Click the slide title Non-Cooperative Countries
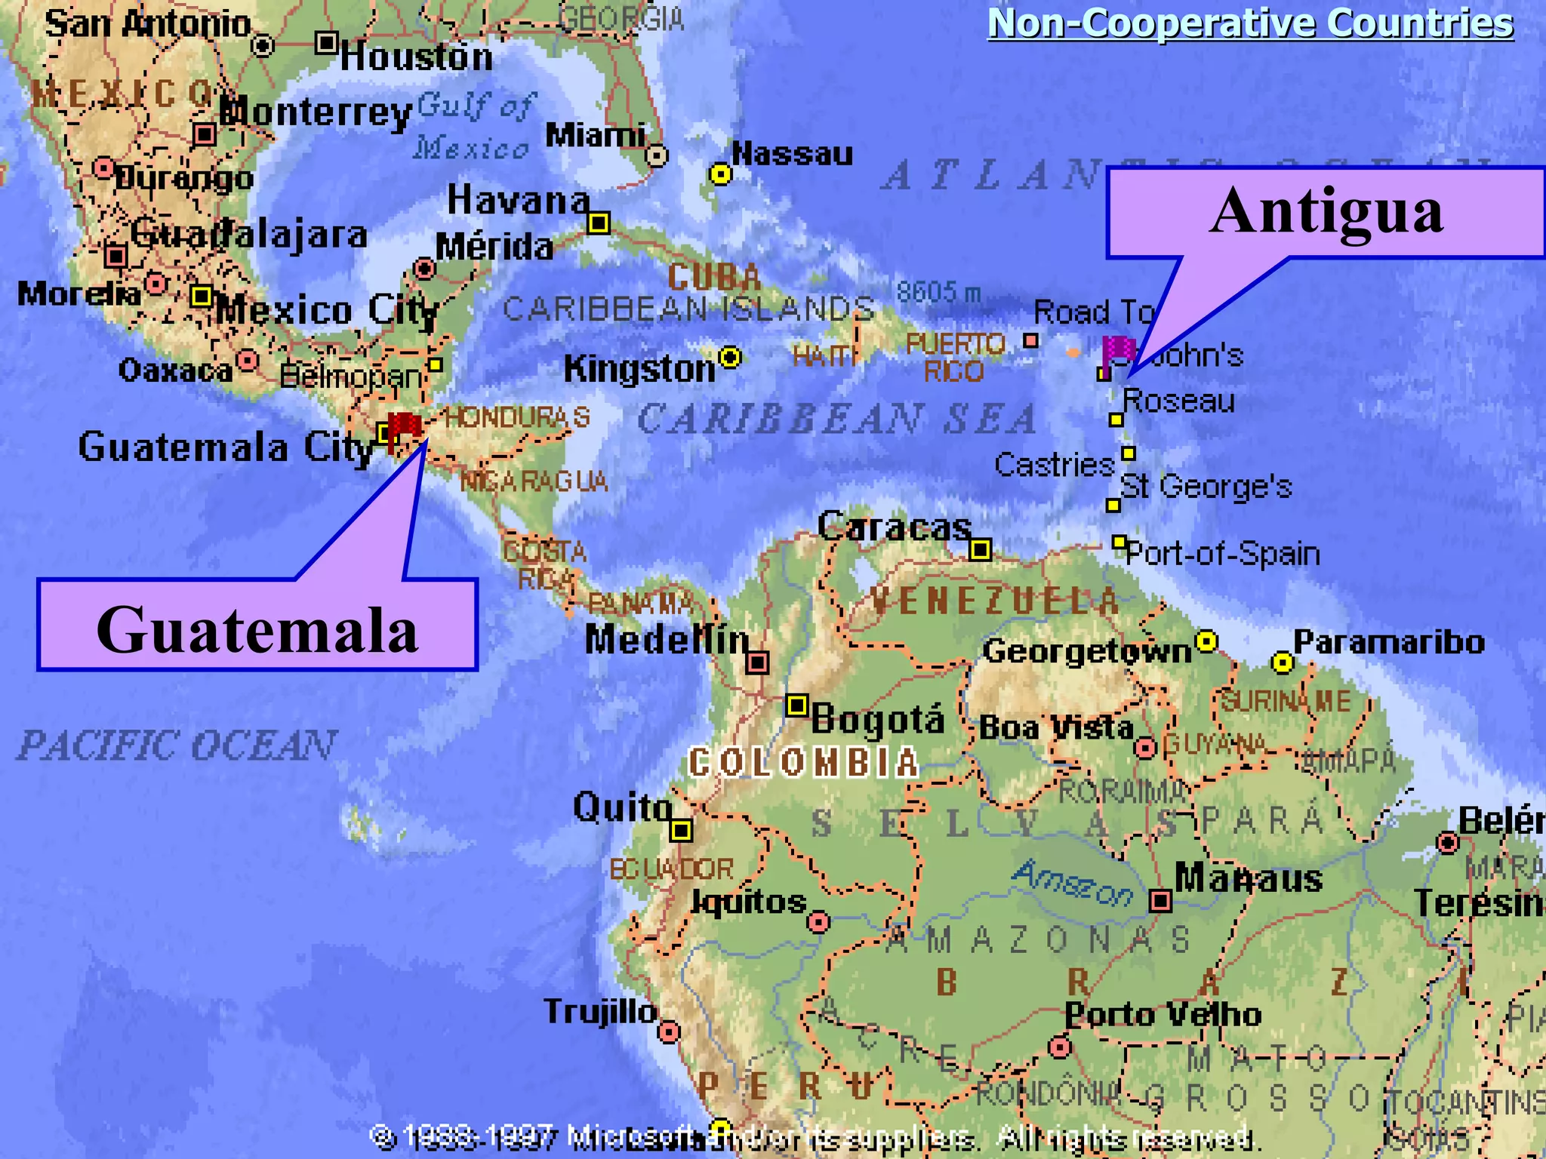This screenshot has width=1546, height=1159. (1250, 23)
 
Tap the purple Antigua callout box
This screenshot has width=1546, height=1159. (1326, 212)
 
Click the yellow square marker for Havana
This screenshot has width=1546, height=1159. (599, 223)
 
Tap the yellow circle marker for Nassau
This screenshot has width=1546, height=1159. (721, 174)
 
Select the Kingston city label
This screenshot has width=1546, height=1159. (639, 369)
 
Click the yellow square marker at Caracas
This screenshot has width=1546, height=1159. (980, 549)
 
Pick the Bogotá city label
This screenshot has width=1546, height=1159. (878, 719)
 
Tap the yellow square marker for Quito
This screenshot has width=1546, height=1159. (681, 830)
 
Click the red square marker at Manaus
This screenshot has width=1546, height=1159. (1160, 900)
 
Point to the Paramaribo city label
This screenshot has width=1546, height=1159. (1389, 642)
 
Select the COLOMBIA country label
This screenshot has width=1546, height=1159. (804, 763)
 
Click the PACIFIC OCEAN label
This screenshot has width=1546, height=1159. (177, 746)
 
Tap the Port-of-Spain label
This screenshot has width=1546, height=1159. (1223, 555)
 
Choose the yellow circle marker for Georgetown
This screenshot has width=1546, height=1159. (1206, 641)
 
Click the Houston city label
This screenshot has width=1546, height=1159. (416, 57)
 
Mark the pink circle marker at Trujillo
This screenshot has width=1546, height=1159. (669, 1031)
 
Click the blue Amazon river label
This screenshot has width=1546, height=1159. (1072, 883)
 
